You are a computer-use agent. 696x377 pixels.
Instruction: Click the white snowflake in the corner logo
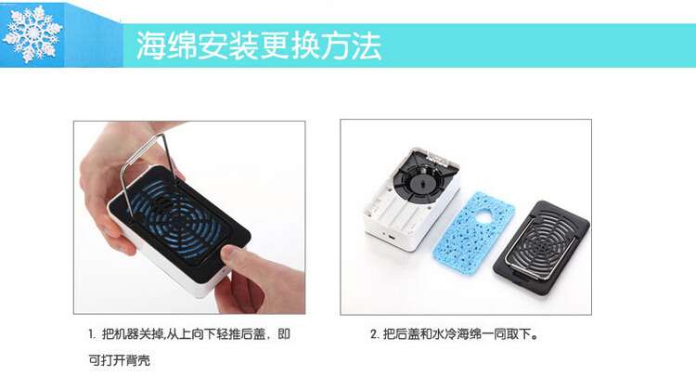(x=32, y=33)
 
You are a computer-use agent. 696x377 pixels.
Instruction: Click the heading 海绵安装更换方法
(x=258, y=45)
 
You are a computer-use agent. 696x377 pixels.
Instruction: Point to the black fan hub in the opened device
(x=419, y=183)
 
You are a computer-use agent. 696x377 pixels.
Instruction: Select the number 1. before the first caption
(x=92, y=334)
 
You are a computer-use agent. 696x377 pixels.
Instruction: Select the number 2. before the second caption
(x=375, y=334)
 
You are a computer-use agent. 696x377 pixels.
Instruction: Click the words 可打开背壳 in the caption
(x=120, y=360)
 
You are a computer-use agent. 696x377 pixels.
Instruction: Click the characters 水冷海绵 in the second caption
(x=458, y=334)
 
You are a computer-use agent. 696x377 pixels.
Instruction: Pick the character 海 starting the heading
(x=150, y=45)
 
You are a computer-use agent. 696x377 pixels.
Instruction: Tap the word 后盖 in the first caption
(x=253, y=334)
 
